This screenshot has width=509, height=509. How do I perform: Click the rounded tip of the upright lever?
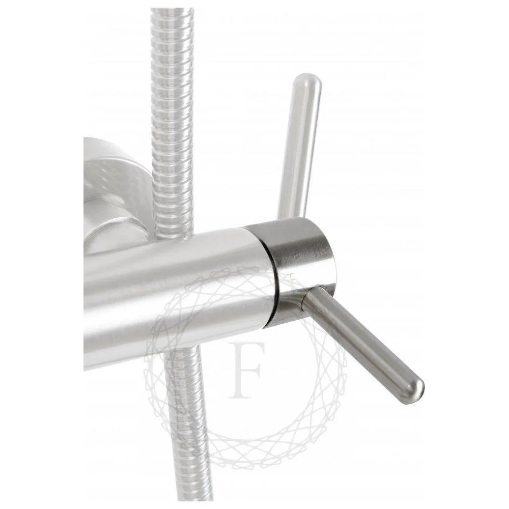point(307,79)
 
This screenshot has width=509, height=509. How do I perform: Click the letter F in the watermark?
point(246,370)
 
